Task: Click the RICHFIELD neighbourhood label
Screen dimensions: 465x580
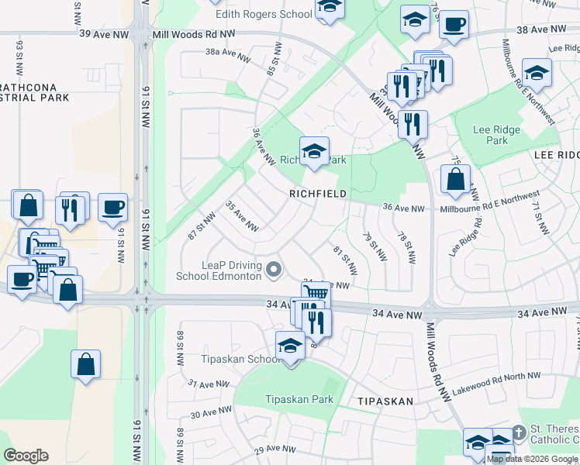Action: point(318,193)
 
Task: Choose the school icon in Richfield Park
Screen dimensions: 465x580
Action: point(314,151)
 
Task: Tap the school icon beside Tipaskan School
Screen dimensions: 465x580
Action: point(290,346)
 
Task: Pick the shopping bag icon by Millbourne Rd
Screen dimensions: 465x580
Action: point(455,179)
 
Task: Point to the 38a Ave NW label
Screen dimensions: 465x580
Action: point(228,55)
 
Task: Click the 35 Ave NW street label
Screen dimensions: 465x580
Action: point(240,216)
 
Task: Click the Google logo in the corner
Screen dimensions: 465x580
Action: point(26,456)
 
